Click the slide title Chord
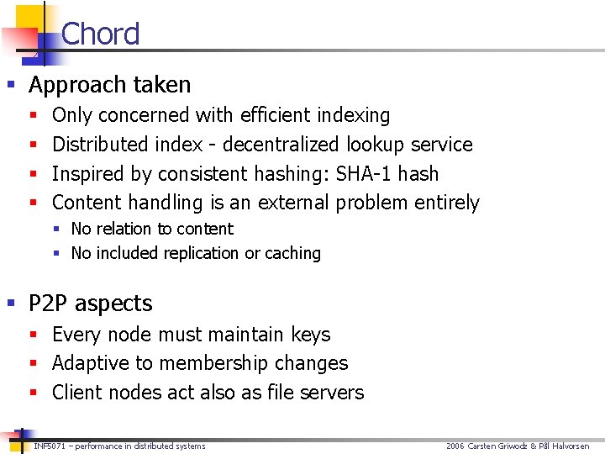click(x=100, y=34)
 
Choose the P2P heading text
click(x=91, y=304)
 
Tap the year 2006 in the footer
click(x=455, y=446)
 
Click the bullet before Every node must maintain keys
click(x=34, y=335)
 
